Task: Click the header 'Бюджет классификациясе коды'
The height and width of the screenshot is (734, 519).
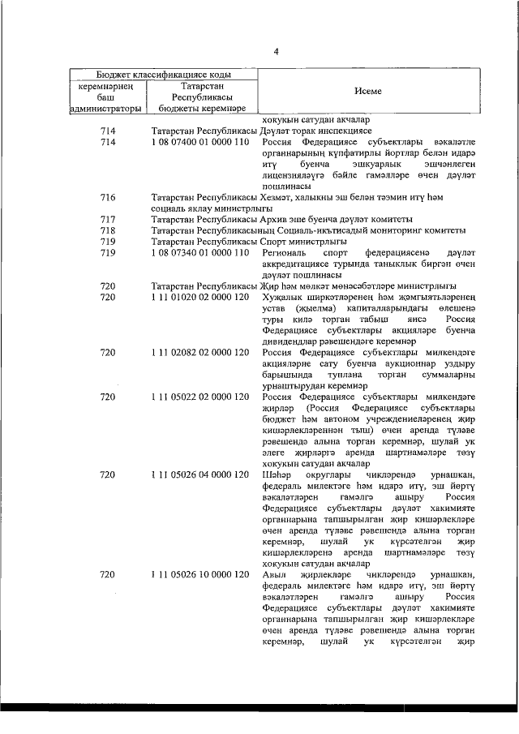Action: pyautogui.click(x=163, y=73)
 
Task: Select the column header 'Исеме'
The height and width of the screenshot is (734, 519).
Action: pyautogui.click(x=367, y=91)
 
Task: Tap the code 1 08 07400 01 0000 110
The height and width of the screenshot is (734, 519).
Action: pyautogui.click(x=199, y=143)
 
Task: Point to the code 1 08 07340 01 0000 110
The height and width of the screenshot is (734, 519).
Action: pyautogui.click(x=199, y=253)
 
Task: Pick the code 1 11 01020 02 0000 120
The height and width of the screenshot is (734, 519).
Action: pyautogui.click(x=199, y=298)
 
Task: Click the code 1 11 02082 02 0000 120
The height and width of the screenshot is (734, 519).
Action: pyautogui.click(x=199, y=353)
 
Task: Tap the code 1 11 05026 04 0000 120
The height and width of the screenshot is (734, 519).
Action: pyautogui.click(x=199, y=474)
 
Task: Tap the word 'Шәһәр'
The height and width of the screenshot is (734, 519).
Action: pyautogui.click(x=277, y=474)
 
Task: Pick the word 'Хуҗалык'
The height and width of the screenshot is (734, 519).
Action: pyautogui.click(x=281, y=298)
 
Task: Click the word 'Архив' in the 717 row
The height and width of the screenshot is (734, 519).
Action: pyautogui.click(x=275, y=220)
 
